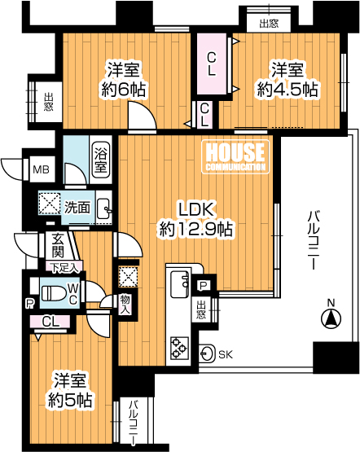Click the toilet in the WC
coord(53,293)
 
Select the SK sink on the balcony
coord(207,353)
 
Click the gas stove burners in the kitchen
coord(178,348)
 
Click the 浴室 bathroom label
coord(101,159)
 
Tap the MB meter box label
coord(41,169)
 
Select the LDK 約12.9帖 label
coord(196,219)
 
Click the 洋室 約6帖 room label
coord(123,80)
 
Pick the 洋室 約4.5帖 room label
coord(288,80)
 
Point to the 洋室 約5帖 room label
coord(70,390)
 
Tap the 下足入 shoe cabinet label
coord(64,267)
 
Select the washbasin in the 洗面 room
coord(103,208)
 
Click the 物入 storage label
coord(125,304)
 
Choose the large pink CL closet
coord(212,64)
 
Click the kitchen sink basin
coord(180,284)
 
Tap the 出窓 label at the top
coord(269,24)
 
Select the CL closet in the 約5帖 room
coord(50,322)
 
